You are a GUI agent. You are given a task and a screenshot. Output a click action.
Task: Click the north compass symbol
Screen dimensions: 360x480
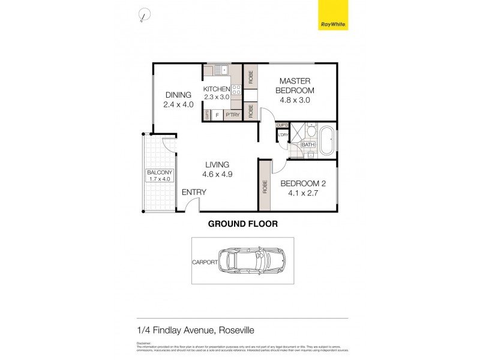[x=143, y=16]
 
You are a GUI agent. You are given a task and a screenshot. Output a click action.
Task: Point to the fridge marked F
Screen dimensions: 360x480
[x=217, y=114]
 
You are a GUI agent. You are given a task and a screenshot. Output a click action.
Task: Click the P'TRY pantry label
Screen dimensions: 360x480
[x=232, y=114]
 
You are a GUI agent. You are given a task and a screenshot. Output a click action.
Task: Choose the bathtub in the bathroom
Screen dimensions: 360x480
[x=328, y=140]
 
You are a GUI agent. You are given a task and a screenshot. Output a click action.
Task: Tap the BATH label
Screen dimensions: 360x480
[x=307, y=145]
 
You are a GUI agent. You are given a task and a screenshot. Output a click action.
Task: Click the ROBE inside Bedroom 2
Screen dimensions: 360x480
[x=265, y=186]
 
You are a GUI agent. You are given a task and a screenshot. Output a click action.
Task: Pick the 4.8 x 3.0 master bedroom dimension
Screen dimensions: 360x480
[x=295, y=100]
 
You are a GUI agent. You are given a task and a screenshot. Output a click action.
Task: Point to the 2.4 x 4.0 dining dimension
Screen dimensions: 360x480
[x=178, y=104]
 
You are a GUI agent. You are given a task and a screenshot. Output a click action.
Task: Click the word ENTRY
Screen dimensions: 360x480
[x=194, y=193]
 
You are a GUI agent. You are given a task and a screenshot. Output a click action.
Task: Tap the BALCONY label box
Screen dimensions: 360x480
[x=159, y=175]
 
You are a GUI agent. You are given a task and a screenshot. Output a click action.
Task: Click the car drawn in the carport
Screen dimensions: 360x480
[x=251, y=261]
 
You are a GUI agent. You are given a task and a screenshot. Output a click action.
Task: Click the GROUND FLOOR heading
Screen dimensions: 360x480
[x=242, y=224]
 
